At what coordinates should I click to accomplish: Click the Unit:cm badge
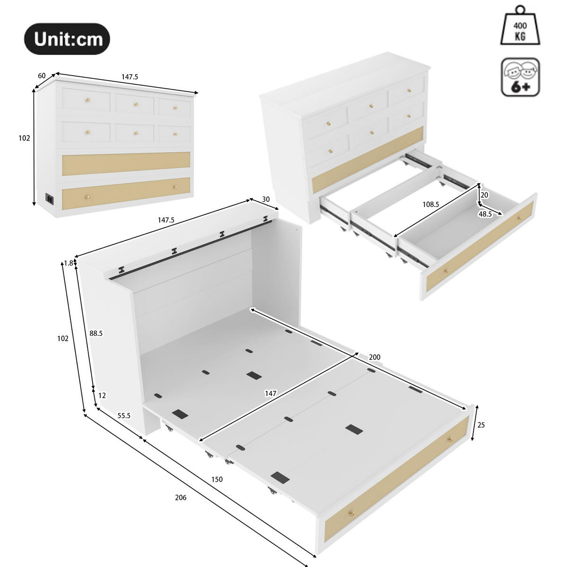[x=67, y=39]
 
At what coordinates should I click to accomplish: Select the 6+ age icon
[x=520, y=77]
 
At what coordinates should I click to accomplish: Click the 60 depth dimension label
[x=42, y=76]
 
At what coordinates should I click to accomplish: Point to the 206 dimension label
[x=180, y=498]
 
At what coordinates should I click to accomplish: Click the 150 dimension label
[x=217, y=479]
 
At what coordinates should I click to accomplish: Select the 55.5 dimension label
[x=124, y=416]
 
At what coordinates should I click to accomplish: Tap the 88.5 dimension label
[x=96, y=333]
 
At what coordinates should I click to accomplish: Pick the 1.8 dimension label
[x=69, y=263]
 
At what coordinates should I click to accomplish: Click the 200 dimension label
[x=374, y=357]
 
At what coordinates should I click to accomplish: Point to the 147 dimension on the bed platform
[x=270, y=393]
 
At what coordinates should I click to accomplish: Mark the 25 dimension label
[x=481, y=425]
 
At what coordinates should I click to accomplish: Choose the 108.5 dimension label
[x=430, y=205]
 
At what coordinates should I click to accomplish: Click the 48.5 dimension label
[x=485, y=214]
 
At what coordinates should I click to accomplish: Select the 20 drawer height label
[x=484, y=195]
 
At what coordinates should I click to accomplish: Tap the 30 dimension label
[x=266, y=199]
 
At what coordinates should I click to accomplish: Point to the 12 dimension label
[x=102, y=395]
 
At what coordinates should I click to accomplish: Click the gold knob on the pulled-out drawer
[x=445, y=271]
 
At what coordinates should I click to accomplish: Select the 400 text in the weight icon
[x=520, y=26]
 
